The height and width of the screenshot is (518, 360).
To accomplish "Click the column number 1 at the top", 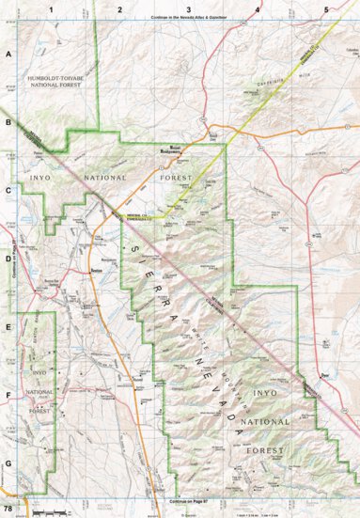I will [x=51, y=8].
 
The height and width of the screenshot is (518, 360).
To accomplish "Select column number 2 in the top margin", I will [x=119, y=8].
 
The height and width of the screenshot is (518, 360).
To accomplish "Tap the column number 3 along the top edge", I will [x=188, y=8].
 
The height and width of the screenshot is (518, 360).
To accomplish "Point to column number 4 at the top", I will [x=257, y=8].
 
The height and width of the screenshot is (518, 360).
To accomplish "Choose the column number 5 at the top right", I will [x=325, y=8].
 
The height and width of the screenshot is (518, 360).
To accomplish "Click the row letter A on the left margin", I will [x=8, y=55].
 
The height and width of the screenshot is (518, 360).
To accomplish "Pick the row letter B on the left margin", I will [x=8, y=121].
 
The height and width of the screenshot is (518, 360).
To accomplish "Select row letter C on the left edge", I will [x=8, y=189].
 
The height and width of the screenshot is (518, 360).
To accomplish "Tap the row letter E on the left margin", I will [x=8, y=328].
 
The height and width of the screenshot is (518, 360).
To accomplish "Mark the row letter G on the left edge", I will [x=8, y=463].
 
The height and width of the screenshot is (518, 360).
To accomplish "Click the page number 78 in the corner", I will [x=8, y=509].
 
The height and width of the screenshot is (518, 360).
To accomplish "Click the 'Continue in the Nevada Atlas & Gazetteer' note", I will [x=188, y=18].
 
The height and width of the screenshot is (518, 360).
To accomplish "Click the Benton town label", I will [x=95, y=269].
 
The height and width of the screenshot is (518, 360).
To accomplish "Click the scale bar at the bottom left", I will [x=47, y=511].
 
